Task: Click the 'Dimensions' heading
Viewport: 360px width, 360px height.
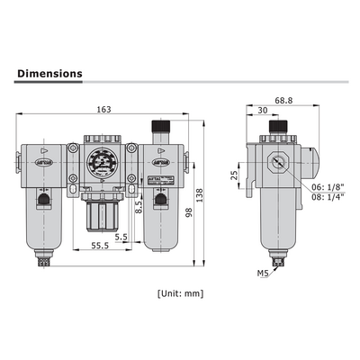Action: click(x=50, y=74)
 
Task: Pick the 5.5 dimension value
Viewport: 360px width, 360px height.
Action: click(x=121, y=237)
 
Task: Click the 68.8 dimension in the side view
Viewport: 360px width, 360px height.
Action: click(x=283, y=100)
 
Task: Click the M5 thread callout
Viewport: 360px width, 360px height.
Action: click(x=262, y=271)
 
